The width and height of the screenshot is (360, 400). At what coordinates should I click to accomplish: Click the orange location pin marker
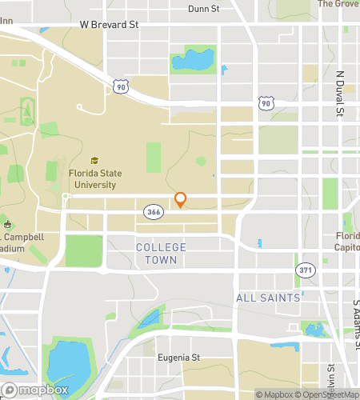pos(180,199)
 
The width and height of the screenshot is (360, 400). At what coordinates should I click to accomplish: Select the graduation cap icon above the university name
pos(95,161)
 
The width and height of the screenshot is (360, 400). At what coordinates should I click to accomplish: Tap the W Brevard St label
pos(109,25)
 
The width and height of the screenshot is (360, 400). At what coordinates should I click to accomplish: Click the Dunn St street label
pos(204,9)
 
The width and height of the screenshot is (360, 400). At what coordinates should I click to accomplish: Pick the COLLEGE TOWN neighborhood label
pos(161,254)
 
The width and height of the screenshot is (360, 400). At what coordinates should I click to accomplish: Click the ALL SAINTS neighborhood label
pos(267,298)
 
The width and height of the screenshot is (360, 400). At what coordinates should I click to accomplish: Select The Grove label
pos(338,4)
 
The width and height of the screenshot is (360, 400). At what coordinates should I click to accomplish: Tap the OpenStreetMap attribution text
pos(328,394)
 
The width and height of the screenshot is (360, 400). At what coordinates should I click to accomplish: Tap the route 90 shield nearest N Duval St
pos(266,103)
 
